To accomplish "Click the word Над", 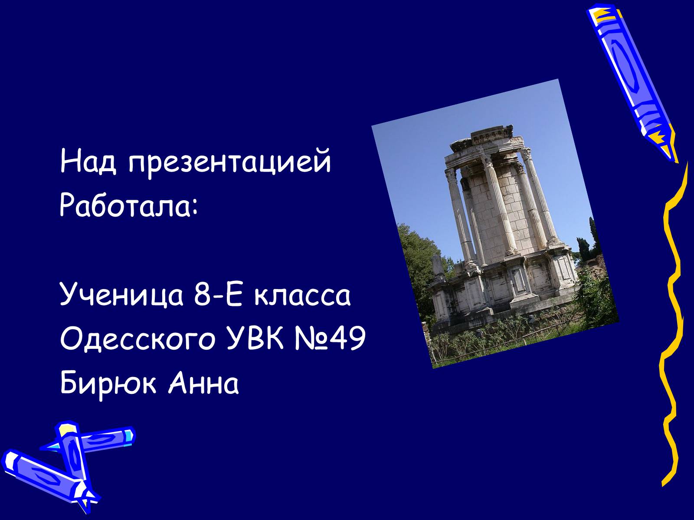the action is (88, 161).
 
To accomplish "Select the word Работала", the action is (125, 205).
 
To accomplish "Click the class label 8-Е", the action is (217, 294).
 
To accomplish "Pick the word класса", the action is (303, 295).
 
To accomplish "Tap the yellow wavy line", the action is (675, 316).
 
